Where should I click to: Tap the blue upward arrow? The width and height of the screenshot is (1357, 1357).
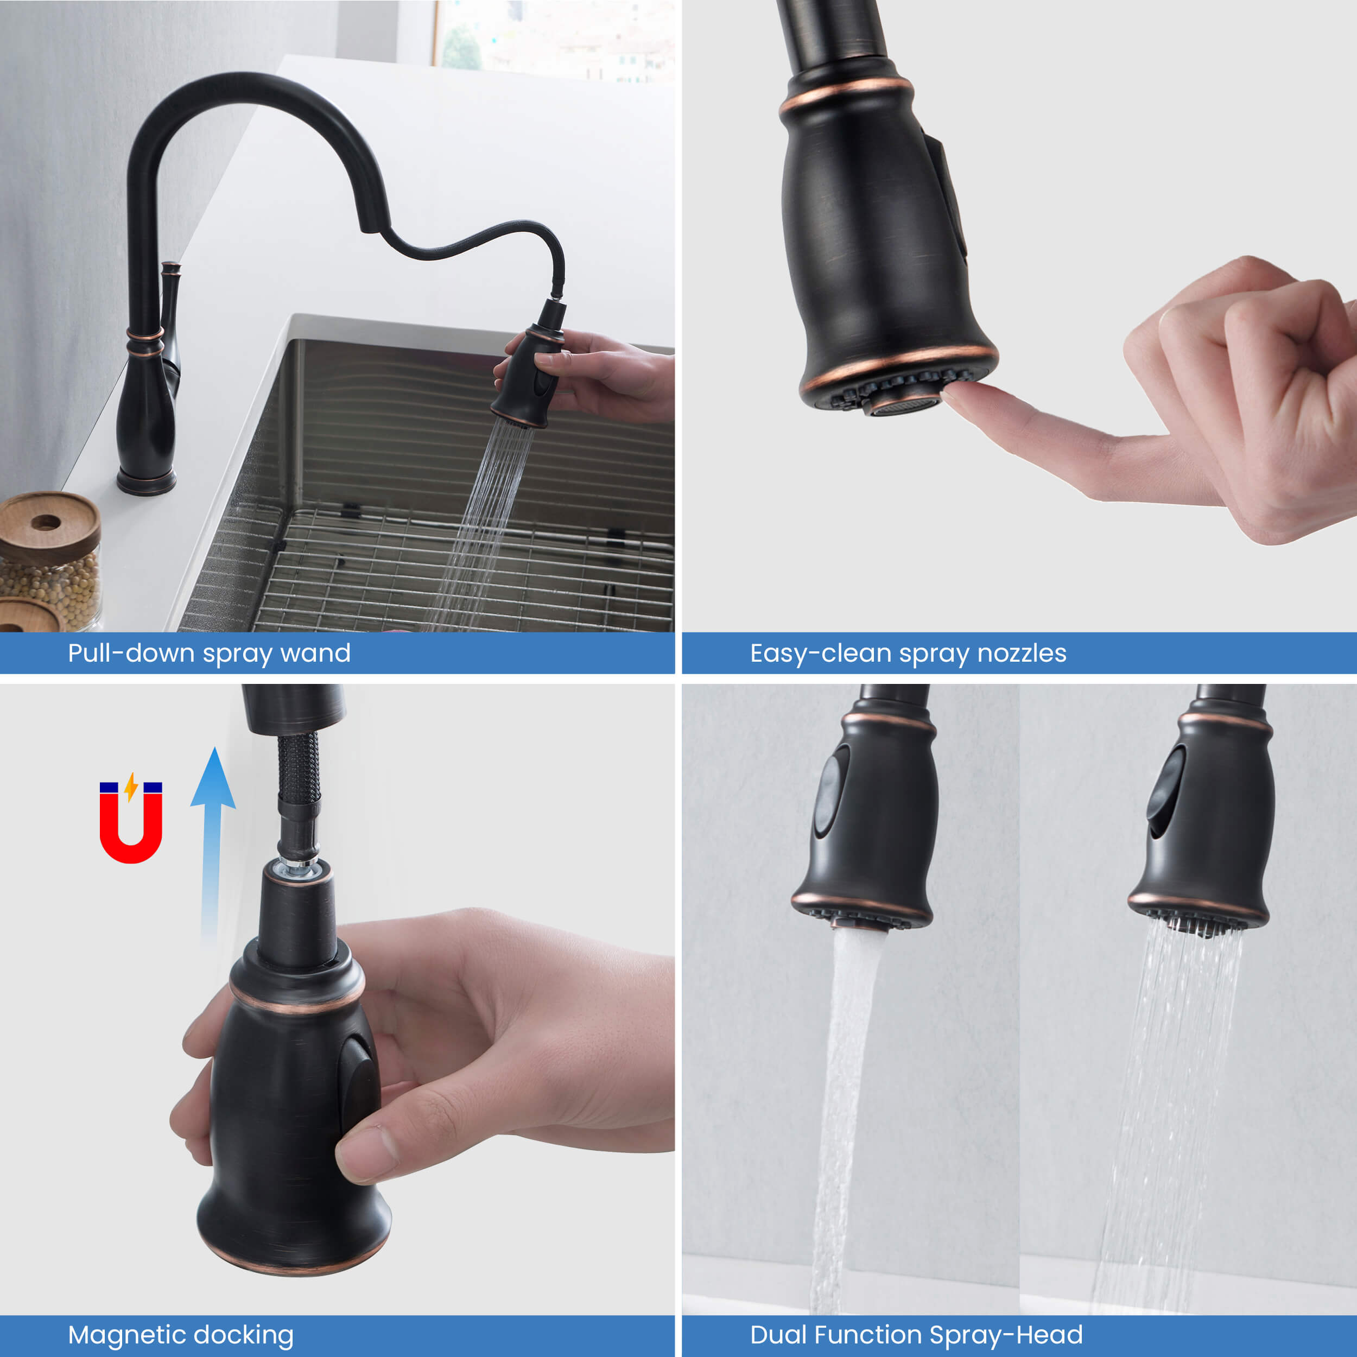[x=212, y=843]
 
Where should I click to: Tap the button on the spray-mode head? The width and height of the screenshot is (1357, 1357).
[x=1166, y=791]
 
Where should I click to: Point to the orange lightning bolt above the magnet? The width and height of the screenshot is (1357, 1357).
[x=131, y=787]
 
